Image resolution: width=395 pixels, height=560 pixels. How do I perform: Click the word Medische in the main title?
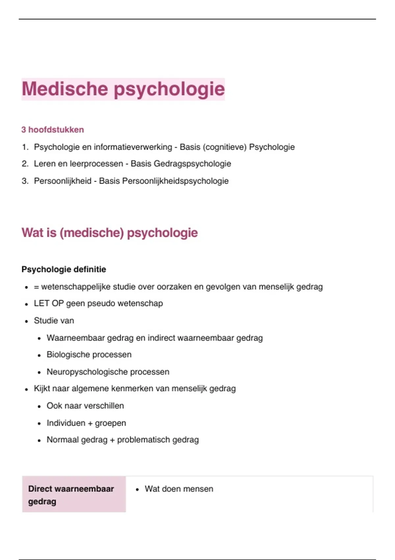tap(65, 89)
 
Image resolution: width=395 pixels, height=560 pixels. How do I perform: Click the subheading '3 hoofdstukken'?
tap(53, 130)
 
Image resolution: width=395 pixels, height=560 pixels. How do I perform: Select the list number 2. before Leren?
tap(25, 164)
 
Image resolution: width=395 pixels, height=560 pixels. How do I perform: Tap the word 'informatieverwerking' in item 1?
tap(133, 147)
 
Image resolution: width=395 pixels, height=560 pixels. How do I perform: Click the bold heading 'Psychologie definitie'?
tap(64, 269)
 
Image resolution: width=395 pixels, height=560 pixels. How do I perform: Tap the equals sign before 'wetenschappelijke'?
tap(36, 287)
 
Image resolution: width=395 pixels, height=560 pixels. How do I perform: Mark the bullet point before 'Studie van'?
tap(26, 321)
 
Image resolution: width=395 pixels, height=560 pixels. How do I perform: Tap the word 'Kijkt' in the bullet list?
tap(42, 389)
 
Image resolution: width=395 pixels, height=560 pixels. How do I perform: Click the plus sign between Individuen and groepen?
tap(90, 423)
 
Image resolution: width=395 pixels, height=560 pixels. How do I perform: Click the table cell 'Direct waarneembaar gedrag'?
tap(74, 495)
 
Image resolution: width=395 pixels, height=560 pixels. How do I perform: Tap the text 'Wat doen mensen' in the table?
tap(179, 489)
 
